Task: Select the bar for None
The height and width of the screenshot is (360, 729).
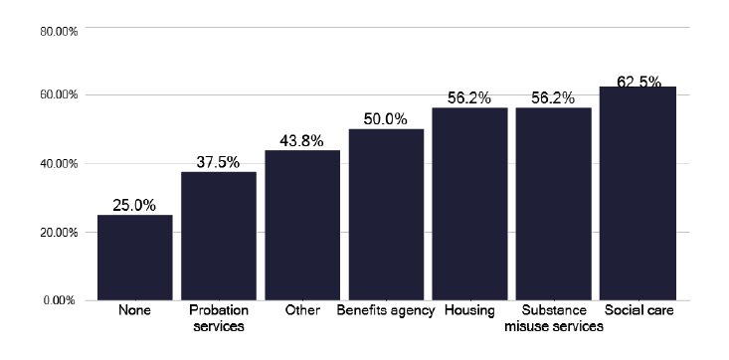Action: (134, 257)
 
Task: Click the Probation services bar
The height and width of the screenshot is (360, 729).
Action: (218, 236)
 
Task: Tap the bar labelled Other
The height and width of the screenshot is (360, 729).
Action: (302, 225)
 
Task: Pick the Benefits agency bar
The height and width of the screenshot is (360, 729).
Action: (386, 214)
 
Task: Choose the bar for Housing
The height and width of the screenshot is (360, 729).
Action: (469, 203)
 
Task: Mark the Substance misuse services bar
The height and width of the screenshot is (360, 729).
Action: (553, 203)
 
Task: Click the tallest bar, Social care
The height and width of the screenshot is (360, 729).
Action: (638, 193)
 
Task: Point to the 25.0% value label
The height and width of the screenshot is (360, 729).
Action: (134, 205)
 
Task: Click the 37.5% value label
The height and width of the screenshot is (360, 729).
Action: (218, 162)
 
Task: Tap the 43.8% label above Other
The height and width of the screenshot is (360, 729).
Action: (302, 140)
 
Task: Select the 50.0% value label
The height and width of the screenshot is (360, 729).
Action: (386, 119)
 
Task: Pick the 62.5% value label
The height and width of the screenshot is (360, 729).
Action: (638, 82)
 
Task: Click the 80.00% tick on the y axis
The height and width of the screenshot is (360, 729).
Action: (59, 31)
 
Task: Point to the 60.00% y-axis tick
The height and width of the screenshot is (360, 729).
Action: (59, 95)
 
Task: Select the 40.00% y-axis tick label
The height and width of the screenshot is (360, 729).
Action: (59, 164)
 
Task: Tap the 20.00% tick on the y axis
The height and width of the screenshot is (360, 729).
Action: (59, 232)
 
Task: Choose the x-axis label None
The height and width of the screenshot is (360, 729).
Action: (134, 311)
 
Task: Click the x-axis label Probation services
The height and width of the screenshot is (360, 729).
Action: (218, 318)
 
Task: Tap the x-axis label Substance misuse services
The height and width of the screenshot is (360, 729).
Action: (553, 318)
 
